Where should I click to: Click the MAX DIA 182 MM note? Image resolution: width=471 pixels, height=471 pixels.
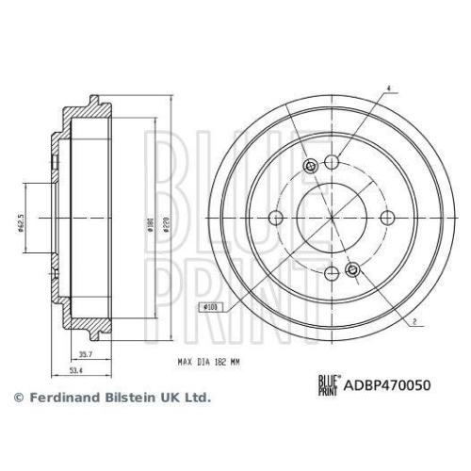(x=217, y=361)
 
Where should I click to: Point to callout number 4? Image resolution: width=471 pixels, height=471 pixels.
(x=386, y=89)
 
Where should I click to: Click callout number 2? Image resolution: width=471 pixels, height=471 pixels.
(x=414, y=322)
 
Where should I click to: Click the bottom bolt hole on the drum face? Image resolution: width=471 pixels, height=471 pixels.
(x=331, y=273)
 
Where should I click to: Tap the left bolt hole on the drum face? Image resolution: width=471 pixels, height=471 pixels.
(x=276, y=219)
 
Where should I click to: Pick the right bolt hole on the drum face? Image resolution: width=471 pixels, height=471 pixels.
(x=385, y=219)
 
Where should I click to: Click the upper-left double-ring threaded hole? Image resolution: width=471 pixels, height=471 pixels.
(x=312, y=168)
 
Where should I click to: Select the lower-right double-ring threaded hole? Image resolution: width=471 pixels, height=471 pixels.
(x=352, y=270)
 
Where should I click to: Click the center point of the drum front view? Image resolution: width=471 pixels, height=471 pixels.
(x=331, y=219)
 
